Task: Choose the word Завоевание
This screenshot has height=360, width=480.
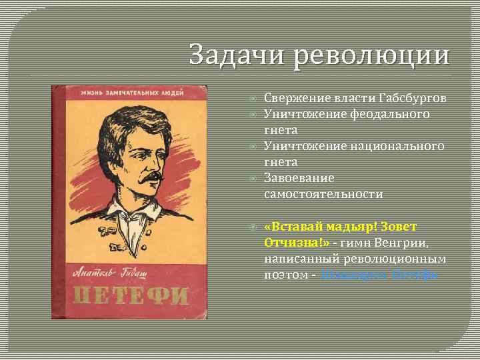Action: coord(299,178)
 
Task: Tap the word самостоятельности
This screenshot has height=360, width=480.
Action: coord(323,194)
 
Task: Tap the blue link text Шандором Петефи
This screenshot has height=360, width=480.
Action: coord(379,275)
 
